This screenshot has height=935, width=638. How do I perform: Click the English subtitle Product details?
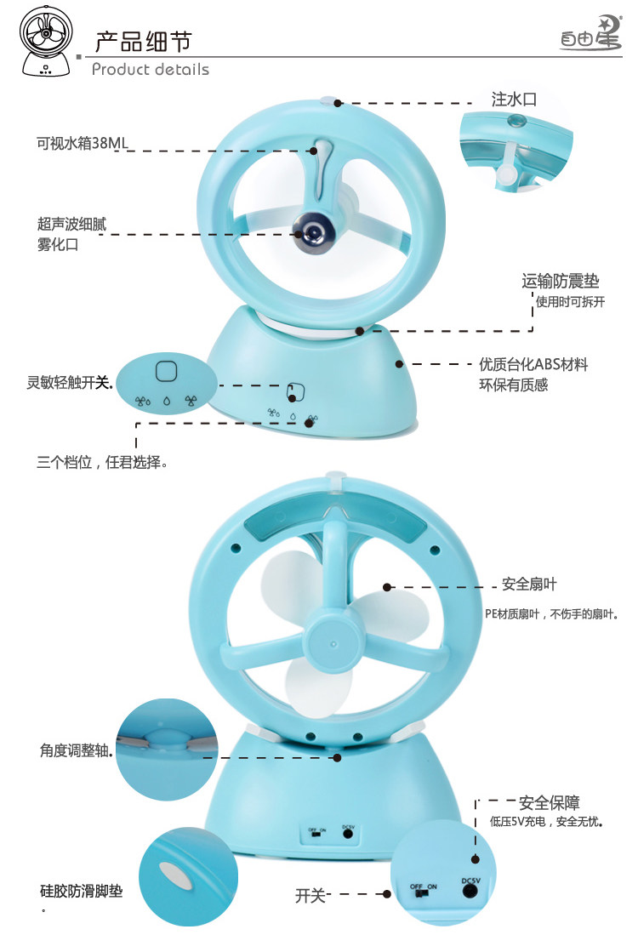(150, 69)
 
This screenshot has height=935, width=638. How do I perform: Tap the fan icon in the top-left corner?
(45, 40)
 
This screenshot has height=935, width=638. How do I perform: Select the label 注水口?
(514, 99)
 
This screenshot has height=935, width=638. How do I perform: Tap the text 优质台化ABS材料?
(533, 364)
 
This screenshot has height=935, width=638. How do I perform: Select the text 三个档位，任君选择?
(100, 464)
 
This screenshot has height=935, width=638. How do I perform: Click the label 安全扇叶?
(529, 584)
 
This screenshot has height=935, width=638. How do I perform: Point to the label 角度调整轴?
(76, 751)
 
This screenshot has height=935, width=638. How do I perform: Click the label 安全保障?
(549, 802)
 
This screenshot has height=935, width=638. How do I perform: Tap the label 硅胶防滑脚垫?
(81, 892)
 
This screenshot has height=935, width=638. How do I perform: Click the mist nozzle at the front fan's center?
(311, 228)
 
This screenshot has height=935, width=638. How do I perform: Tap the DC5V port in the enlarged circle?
(469, 891)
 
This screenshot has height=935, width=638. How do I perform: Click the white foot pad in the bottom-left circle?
(173, 873)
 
